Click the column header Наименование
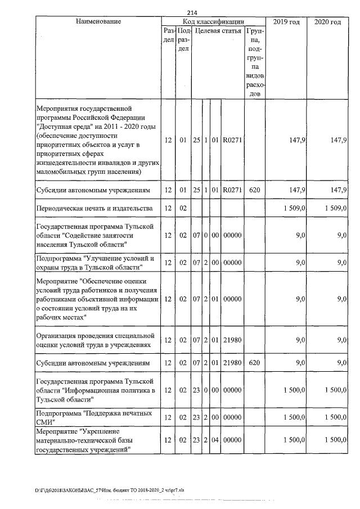[x=98, y=21]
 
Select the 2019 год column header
[x=286, y=21]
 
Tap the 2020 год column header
[x=328, y=21]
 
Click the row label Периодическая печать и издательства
[x=94, y=209]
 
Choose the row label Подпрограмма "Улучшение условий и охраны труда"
[x=94, y=263]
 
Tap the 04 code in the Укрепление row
[x=215, y=440]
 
